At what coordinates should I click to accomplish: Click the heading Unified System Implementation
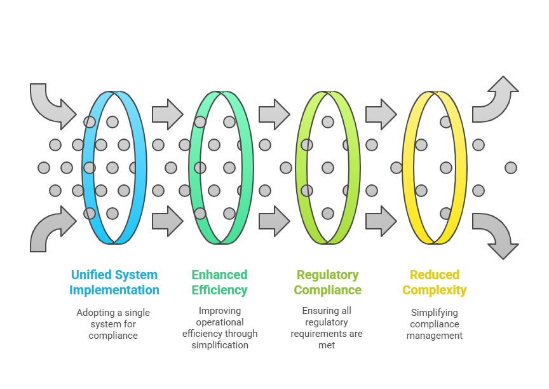click(114, 282)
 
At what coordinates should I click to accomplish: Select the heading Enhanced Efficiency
click(219, 282)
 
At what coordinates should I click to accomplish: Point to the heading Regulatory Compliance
click(327, 282)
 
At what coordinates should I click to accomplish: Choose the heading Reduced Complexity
click(435, 282)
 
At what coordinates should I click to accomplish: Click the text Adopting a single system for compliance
click(113, 324)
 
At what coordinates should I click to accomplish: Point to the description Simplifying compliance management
click(435, 324)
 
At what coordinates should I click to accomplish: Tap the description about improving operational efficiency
click(220, 328)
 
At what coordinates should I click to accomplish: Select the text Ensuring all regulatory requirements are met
click(327, 328)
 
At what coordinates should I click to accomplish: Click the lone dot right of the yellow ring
click(511, 168)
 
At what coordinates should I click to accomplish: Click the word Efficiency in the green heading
click(219, 290)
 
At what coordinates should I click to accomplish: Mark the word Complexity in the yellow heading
click(435, 290)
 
